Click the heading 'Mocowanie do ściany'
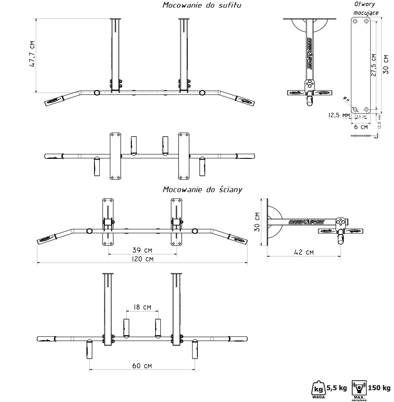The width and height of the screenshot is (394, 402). tap(202, 189)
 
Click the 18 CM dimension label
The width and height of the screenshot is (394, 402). tap(142, 307)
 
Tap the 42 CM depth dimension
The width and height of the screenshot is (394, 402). tap(304, 252)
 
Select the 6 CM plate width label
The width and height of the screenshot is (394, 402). tap(363, 127)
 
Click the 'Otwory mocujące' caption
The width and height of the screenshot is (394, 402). tap(364, 8)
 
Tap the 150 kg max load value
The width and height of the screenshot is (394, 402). tap(380, 388)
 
